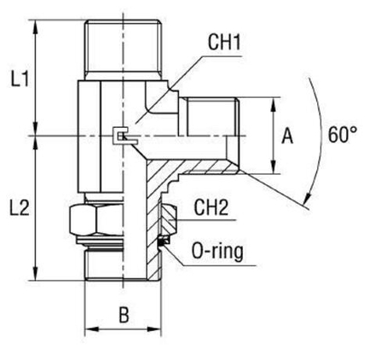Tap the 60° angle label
point(341,135)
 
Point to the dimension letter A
point(287,136)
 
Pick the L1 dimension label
point(18,81)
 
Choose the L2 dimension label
point(18,206)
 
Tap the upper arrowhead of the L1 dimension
point(35,20)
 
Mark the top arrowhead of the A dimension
point(272,102)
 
